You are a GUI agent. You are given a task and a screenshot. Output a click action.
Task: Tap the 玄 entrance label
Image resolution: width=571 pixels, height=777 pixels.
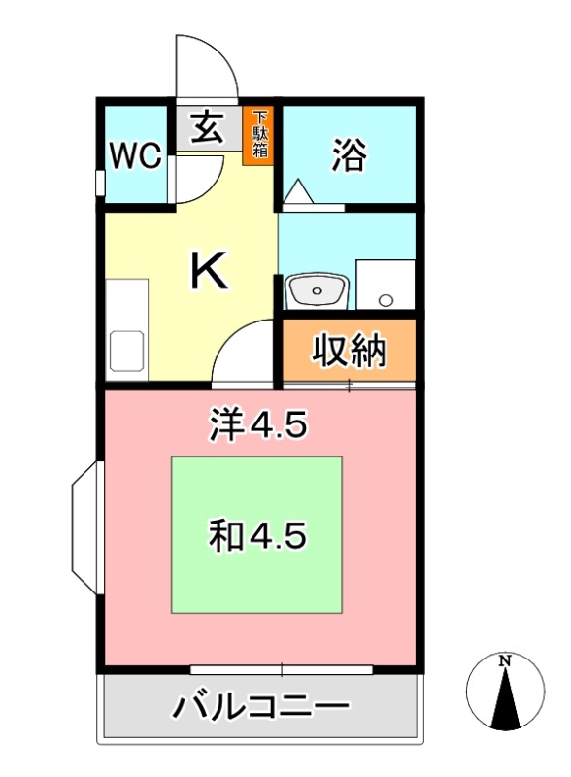click(206, 127)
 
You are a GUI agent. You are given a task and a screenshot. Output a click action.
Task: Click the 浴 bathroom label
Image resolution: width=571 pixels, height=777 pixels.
click(349, 155)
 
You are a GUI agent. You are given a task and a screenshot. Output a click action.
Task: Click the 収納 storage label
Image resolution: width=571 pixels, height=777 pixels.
click(349, 352)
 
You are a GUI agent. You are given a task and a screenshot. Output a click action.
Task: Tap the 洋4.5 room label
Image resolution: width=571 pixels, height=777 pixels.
click(258, 424)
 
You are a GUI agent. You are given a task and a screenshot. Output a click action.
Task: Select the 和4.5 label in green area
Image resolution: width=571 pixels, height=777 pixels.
click(257, 533)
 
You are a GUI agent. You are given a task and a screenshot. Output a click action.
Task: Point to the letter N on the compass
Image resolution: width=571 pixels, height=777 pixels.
click(504, 660)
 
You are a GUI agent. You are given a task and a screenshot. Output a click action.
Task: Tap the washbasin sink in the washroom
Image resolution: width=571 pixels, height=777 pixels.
click(318, 288)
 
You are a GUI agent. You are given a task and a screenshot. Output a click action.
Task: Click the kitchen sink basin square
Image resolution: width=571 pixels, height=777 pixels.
click(128, 350)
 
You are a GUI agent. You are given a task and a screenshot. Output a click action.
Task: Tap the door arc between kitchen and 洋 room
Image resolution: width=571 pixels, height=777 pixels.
click(243, 352)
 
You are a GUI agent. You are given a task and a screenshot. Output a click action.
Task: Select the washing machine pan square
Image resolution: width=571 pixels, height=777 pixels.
click(385, 283)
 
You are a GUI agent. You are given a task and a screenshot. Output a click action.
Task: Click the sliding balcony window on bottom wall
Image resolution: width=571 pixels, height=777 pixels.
click(282, 669)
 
